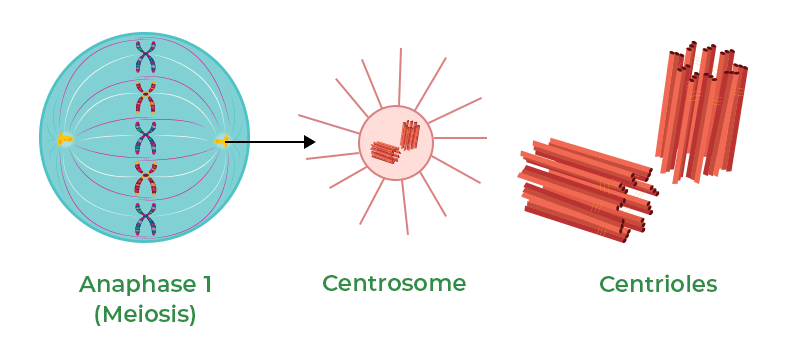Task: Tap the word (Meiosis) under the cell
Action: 145,315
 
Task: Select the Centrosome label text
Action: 394,284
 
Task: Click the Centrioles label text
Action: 658,284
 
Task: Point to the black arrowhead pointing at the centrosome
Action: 309,142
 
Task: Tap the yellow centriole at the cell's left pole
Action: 64,140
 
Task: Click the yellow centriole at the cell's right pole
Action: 222,140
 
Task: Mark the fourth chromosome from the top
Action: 147,180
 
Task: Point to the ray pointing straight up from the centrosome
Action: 399,75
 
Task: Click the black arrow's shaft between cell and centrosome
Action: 265,142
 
